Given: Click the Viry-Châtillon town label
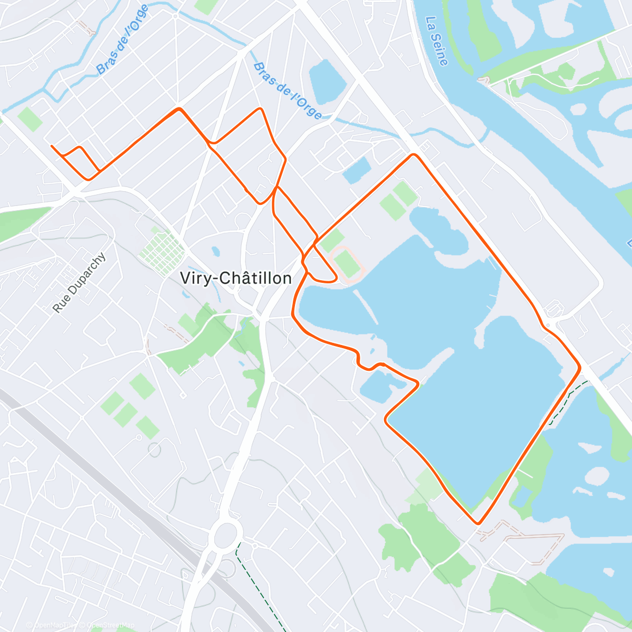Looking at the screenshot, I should tap(236, 278).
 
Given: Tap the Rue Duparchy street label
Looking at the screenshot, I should tap(80, 283).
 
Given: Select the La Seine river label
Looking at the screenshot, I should tap(437, 42).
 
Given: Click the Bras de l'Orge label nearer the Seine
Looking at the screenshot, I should tap(288, 91).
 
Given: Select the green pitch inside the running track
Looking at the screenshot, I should tap(348, 264).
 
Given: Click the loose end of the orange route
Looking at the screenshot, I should tap(52, 146).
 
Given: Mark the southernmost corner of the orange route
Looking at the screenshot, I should tap(478, 523).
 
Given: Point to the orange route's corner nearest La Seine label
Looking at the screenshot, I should tap(414, 155).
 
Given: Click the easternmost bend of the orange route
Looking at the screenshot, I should tap(579, 367).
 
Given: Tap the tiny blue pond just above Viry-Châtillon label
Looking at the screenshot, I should tap(216, 252).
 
